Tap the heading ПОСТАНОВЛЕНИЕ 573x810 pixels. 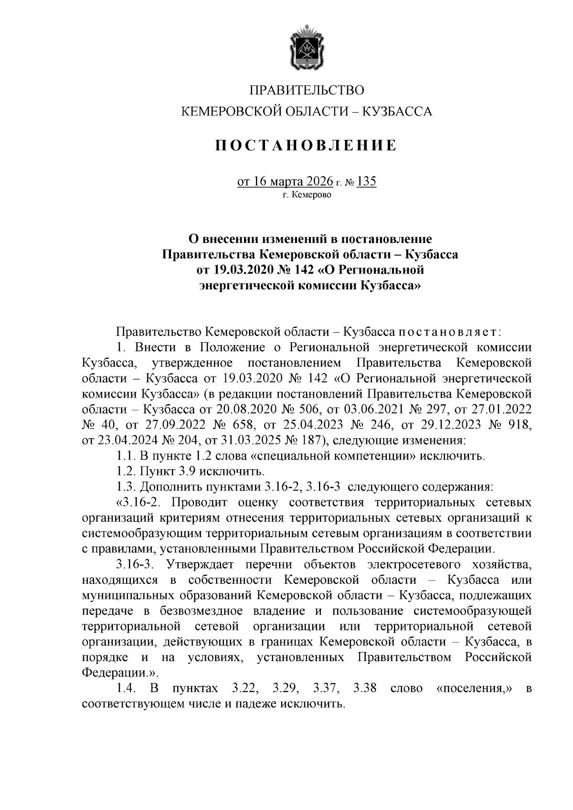click(x=306, y=145)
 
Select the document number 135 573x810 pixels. click(x=366, y=182)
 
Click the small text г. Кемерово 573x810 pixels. click(x=307, y=195)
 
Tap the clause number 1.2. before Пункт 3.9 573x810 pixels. click(x=126, y=472)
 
